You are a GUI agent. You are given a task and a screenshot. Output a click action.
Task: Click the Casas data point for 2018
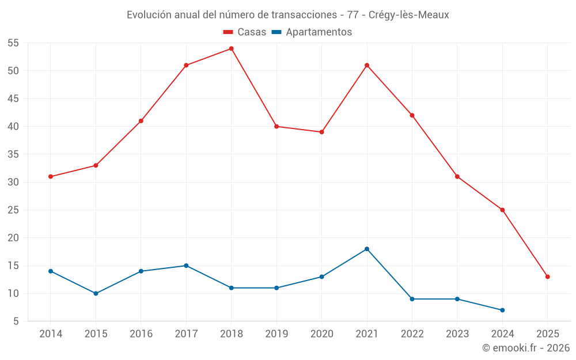click(231, 48)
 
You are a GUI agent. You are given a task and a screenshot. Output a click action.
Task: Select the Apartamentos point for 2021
click(367, 249)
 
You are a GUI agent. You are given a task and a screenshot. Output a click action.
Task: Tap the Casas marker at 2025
click(547, 276)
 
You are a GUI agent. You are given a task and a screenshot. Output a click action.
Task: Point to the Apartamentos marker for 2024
click(502, 310)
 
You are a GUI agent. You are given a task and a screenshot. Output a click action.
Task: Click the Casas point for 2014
click(51, 176)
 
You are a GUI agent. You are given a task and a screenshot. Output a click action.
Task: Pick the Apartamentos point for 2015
click(96, 293)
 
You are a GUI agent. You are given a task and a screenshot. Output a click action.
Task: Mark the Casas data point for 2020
click(321, 132)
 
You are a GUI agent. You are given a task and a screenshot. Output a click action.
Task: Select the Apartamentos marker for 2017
click(186, 266)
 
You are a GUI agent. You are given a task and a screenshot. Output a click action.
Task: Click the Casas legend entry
click(245, 32)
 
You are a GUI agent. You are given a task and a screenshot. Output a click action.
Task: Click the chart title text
click(288, 15)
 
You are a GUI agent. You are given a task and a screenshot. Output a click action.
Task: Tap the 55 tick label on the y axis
click(13, 43)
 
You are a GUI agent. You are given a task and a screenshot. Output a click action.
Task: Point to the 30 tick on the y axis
click(13, 182)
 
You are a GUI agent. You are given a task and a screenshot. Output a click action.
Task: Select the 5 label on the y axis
click(16, 321)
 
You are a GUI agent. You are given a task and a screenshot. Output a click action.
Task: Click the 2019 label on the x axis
click(276, 334)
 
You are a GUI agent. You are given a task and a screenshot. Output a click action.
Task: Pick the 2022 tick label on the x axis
click(412, 334)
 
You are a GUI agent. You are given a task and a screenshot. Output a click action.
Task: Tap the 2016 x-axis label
click(141, 334)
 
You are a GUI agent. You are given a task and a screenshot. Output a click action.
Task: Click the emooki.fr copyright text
click(525, 348)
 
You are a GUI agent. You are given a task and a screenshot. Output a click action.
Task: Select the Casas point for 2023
click(457, 176)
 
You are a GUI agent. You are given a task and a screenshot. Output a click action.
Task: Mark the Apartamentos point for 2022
click(412, 299)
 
